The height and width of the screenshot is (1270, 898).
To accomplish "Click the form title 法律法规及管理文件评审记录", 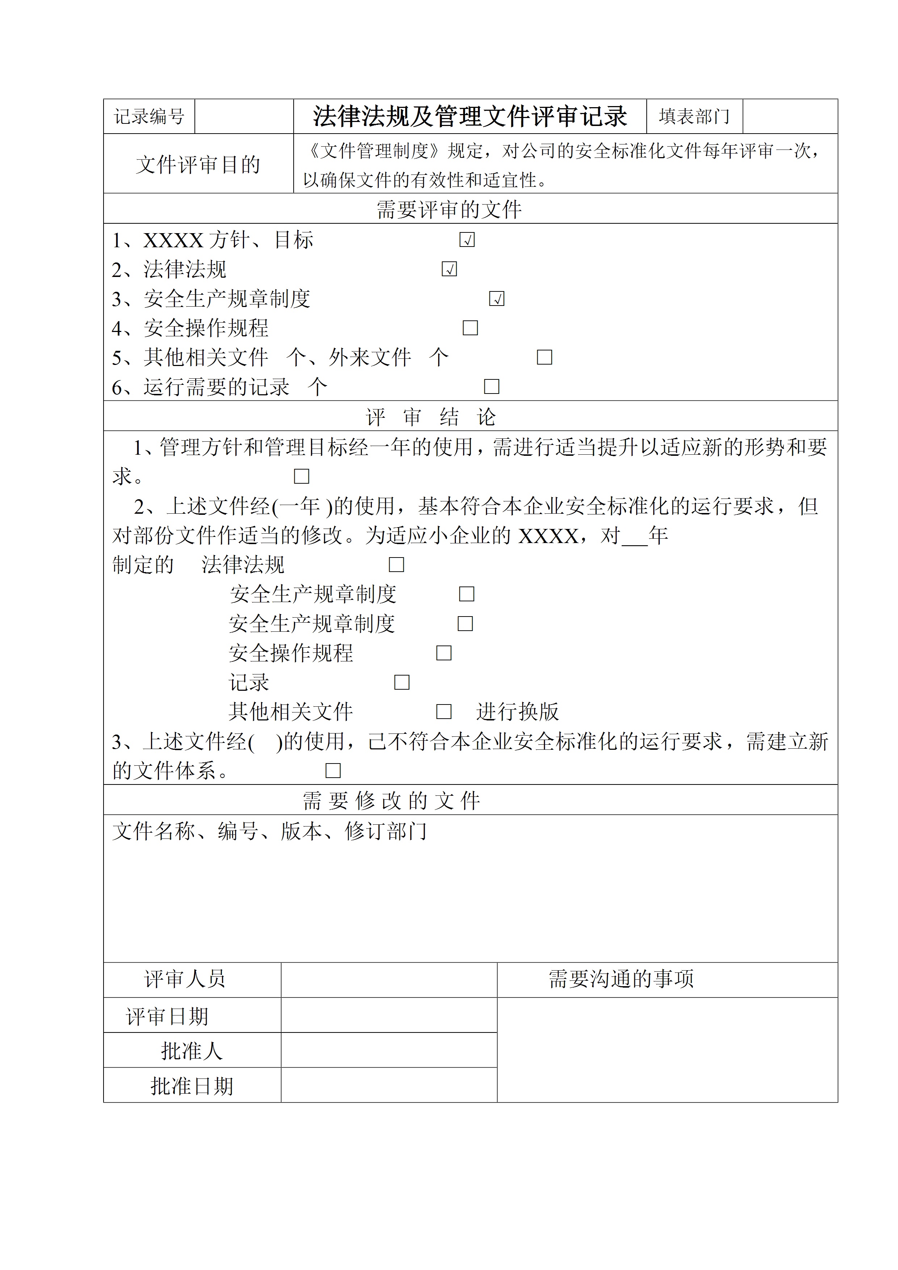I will tap(470, 116).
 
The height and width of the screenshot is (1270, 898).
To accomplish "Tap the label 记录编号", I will tap(149, 116).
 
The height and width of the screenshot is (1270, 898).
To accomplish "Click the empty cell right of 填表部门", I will tap(790, 116).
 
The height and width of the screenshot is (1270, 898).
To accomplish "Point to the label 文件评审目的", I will tap(198, 164).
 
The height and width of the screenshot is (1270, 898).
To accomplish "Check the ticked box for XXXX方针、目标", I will tap(467, 240).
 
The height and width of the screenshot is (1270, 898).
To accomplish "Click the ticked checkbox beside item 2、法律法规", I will tap(449, 269).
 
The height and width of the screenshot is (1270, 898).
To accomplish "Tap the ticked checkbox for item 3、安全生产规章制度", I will tap(496, 299).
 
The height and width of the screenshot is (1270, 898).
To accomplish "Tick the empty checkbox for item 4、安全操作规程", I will tap(470, 328).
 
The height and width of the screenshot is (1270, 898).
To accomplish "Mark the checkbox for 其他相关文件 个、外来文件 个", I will tap(545, 357).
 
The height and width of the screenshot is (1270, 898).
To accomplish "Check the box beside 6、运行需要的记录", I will tap(491, 387).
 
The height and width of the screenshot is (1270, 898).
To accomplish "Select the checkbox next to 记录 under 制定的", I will tap(402, 682).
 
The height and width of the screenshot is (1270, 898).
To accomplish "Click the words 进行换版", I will tap(517, 711).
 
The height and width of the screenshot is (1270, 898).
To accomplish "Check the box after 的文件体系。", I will tap(332, 770).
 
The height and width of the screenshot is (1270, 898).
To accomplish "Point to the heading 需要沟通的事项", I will tap(621, 979).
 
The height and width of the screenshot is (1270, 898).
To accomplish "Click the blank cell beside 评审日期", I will tap(389, 1015).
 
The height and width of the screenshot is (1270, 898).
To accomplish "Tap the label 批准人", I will tap(192, 1050).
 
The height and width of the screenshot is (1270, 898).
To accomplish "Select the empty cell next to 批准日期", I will tap(389, 1085).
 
